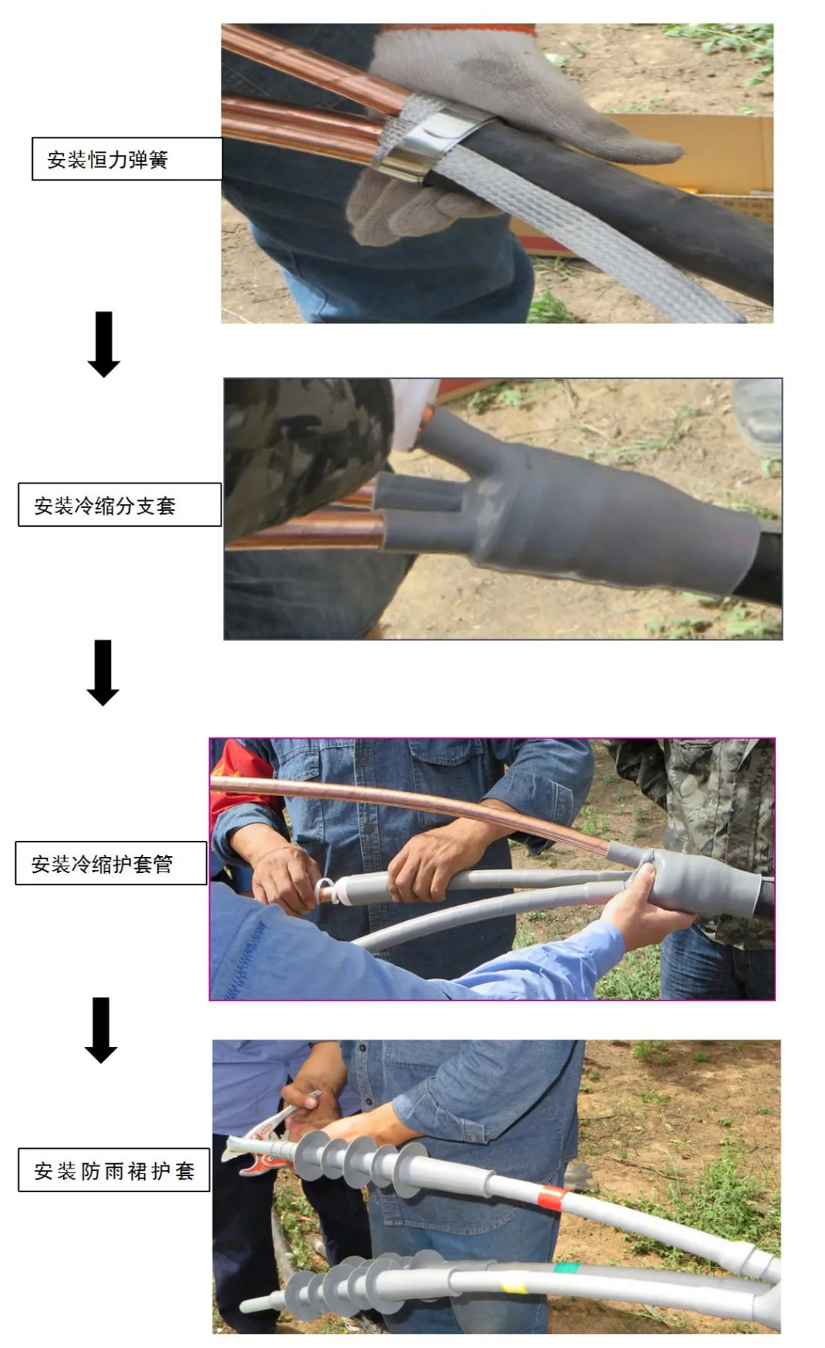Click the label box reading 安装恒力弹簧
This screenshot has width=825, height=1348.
127,159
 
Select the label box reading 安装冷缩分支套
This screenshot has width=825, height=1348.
119,504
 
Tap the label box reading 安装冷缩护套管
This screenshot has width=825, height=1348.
111,863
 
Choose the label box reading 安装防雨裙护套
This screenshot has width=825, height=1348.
114,1169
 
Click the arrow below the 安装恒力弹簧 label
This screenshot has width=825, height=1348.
104,344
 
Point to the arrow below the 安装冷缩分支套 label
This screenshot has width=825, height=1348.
103,672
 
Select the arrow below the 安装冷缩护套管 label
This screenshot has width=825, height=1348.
101,1030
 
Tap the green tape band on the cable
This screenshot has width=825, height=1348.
566,1269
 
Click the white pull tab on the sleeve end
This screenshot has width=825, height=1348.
324,891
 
